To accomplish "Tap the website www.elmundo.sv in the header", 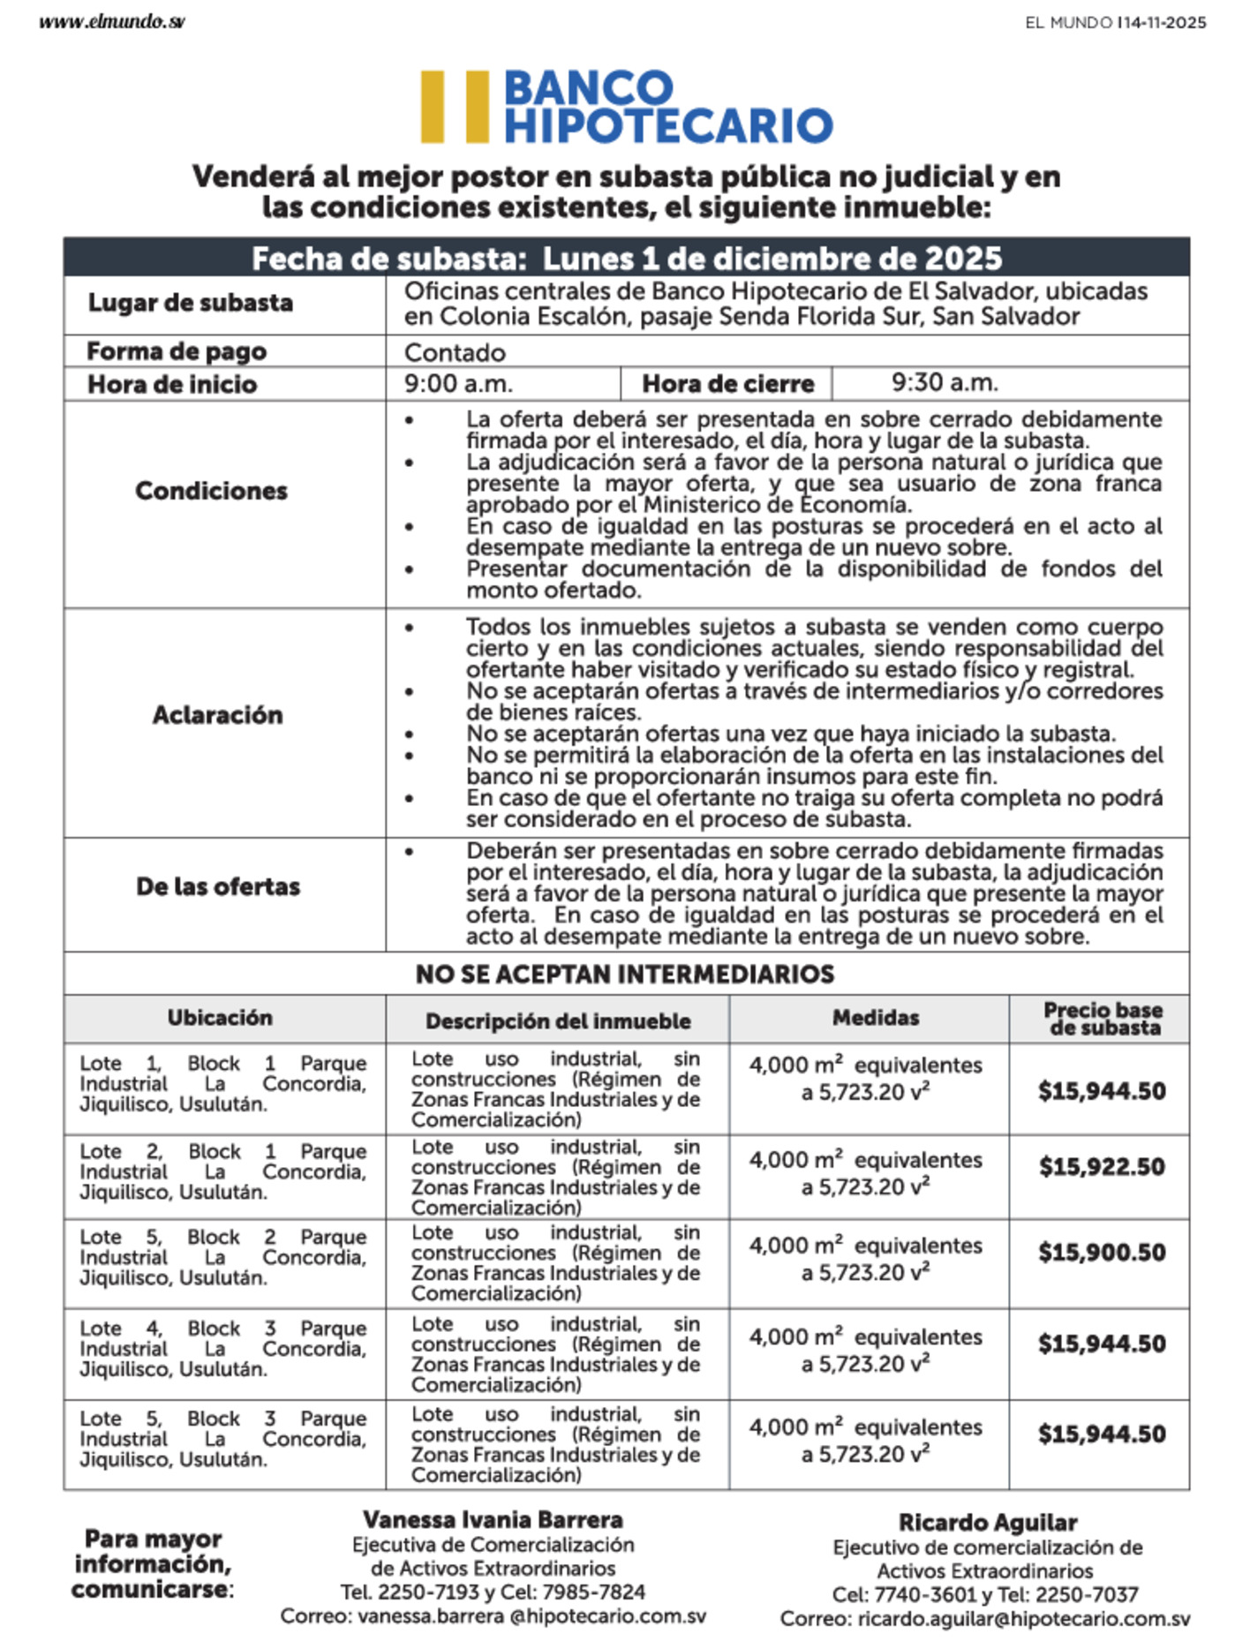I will click(x=112, y=22).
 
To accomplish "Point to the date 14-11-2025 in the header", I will click(x=1163, y=23).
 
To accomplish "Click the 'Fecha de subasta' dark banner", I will click(x=627, y=258).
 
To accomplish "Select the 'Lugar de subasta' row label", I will click(x=190, y=303).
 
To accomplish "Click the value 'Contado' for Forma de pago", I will click(x=455, y=353).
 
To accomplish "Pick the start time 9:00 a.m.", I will click(x=458, y=384).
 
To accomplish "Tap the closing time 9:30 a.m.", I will click(x=945, y=383).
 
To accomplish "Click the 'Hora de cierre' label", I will click(x=727, y=384).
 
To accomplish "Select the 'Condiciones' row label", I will click(x=211, y=491).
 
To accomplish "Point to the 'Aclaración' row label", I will click(x=217, y=715).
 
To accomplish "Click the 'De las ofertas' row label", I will click(x=218, y=886).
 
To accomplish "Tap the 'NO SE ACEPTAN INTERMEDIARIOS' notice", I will click(x=625, y=975).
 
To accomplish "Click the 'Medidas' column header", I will click(x=876, y=1018).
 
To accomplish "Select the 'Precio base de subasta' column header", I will click(x=1103, y=1019).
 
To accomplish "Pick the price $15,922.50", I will click(x=1102, y=1167).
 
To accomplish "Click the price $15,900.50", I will click(x=1102, y=1253).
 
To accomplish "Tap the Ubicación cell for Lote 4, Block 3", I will click(x=222, y=1349).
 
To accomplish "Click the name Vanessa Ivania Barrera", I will click(x=493, y=1520).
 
